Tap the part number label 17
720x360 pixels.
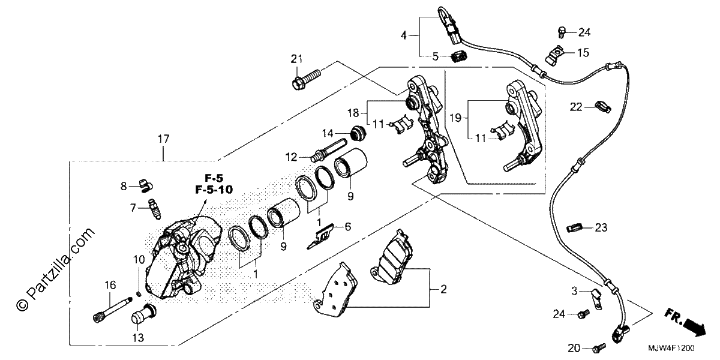tap(163, 139)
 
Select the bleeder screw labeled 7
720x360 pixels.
tap(154, 209)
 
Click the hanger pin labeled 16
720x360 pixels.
tap(113, 310)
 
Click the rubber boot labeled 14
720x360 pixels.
tap(358, 133)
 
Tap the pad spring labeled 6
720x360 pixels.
tap(321, 236)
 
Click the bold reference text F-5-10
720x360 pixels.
tap(214, 190)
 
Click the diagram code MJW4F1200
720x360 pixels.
tap(671, 348)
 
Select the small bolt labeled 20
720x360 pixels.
tap(599, 347)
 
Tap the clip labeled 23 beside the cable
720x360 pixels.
tap(574, 228)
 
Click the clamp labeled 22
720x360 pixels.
tap(603, 107)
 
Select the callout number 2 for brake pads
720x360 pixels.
tap(443, 289)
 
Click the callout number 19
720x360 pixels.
tap(455, 118)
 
